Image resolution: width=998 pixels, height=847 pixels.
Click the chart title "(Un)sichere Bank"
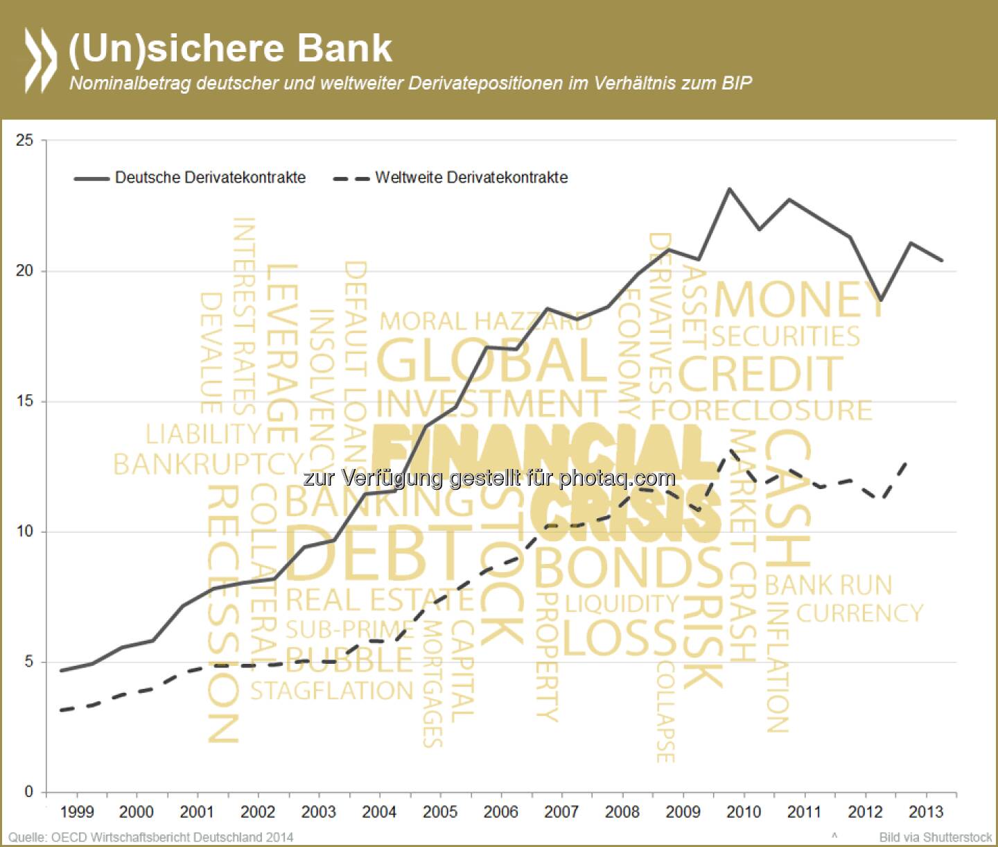(230, 49)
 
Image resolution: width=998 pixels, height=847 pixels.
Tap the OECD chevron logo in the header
(40, 60)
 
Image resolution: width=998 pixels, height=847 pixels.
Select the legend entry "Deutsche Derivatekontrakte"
(210, 178)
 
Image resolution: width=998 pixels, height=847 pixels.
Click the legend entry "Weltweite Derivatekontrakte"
(471, 178)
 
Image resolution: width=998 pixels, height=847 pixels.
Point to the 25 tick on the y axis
(25, 140)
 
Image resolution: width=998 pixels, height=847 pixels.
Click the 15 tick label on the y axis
(25, 402)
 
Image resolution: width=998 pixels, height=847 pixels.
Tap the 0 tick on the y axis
(29, 792)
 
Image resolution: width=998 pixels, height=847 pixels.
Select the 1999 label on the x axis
(76, 812)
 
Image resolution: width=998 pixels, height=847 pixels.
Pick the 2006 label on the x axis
(500, 812)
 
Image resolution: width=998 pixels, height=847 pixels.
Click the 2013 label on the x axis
(926, 812)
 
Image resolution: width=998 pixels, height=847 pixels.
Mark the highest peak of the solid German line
(729, 189)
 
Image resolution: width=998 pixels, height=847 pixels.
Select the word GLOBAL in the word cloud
(492, 361)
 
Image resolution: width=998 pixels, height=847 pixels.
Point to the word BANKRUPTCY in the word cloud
(208, 464)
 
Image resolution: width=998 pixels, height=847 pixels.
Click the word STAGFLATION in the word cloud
(331, 691)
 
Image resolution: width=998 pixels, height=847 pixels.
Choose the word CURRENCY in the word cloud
(859, 613)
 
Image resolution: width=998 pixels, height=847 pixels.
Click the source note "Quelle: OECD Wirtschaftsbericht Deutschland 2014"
(151, 837)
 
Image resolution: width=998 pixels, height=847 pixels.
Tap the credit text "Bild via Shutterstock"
(935, 837)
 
